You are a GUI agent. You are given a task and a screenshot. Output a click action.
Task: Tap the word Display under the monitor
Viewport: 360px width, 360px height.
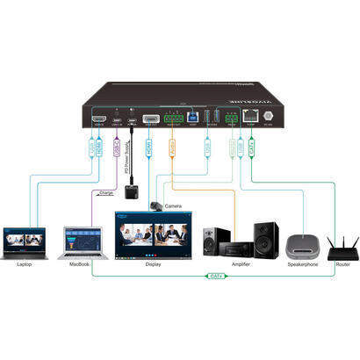153,263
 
